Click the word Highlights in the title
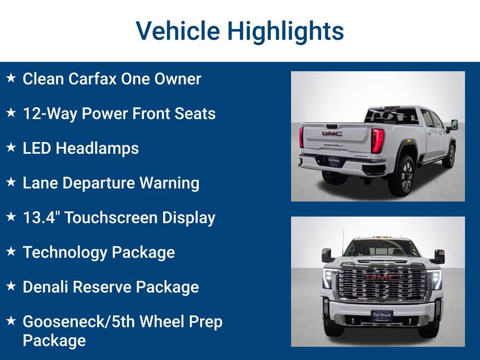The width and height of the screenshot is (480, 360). (x=285, y=31)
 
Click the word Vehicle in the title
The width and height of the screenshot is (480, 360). (x=178, y=31)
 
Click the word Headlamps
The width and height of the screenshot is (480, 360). (x=97, y=148)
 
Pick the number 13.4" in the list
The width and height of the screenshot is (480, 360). (x=41, y=217)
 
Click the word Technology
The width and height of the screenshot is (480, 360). (x=58, y=252)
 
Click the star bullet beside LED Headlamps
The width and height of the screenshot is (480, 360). (x=11, y=147)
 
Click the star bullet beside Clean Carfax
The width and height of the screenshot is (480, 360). (x=11, y=78)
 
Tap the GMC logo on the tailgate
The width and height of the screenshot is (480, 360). (x=332, y=134)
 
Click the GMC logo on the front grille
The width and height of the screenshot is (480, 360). (x=382, y=277)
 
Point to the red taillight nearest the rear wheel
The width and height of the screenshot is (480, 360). (x=377, y=141)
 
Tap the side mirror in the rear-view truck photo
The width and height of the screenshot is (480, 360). (x=454, y=125)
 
